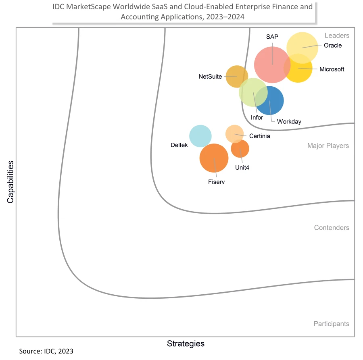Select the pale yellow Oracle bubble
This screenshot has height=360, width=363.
302,45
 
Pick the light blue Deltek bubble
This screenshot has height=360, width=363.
200,136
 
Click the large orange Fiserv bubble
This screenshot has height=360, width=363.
214,158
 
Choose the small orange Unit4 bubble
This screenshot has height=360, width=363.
240,149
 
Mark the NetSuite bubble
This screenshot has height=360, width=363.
236,76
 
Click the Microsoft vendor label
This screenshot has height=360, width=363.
332,69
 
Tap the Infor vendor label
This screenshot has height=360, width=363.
257,118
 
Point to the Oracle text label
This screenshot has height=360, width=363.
333,46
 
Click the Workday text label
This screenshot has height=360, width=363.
289,121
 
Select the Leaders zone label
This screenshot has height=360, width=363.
337,36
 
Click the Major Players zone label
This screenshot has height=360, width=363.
328,146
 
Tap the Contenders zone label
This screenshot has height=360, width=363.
332,228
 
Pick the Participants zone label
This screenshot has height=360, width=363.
331,324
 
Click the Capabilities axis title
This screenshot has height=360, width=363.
10,181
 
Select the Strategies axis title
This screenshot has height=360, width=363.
186,344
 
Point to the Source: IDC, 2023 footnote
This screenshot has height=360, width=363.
46,351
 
